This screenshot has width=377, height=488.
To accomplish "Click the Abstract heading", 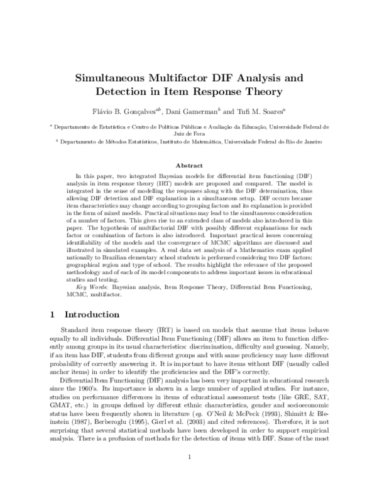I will pyautogui.click(x=188, y=165).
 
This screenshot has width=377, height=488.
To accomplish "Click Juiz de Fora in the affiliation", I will pyautogui.click(x=188, y=133).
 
